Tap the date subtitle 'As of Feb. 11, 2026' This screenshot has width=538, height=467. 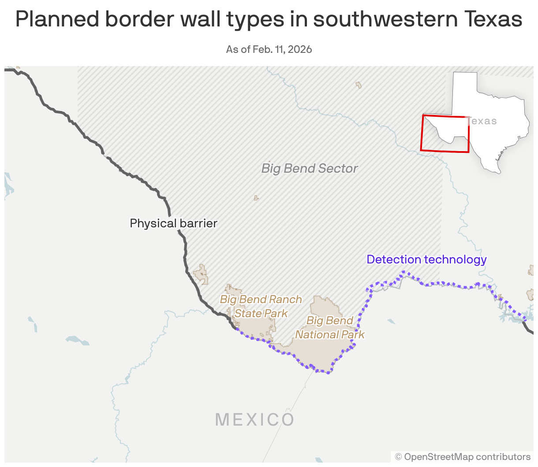tap(269, 49)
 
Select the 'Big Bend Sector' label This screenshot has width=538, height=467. tap(309, 168)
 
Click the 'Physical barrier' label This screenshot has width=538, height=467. tap(173, 223)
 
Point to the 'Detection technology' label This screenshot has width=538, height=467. tap(426, 259)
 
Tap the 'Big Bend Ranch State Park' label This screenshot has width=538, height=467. tap(261, 306)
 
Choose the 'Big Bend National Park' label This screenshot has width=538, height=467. tap(330, 327)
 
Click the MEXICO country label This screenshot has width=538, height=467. tap(255, 419)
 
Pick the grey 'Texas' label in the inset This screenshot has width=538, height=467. tap(482, 121)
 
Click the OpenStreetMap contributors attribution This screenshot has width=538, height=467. tap(463, 457)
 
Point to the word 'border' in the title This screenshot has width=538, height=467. tap(139, 19)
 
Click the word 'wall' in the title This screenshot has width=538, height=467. tap(202, 19)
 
